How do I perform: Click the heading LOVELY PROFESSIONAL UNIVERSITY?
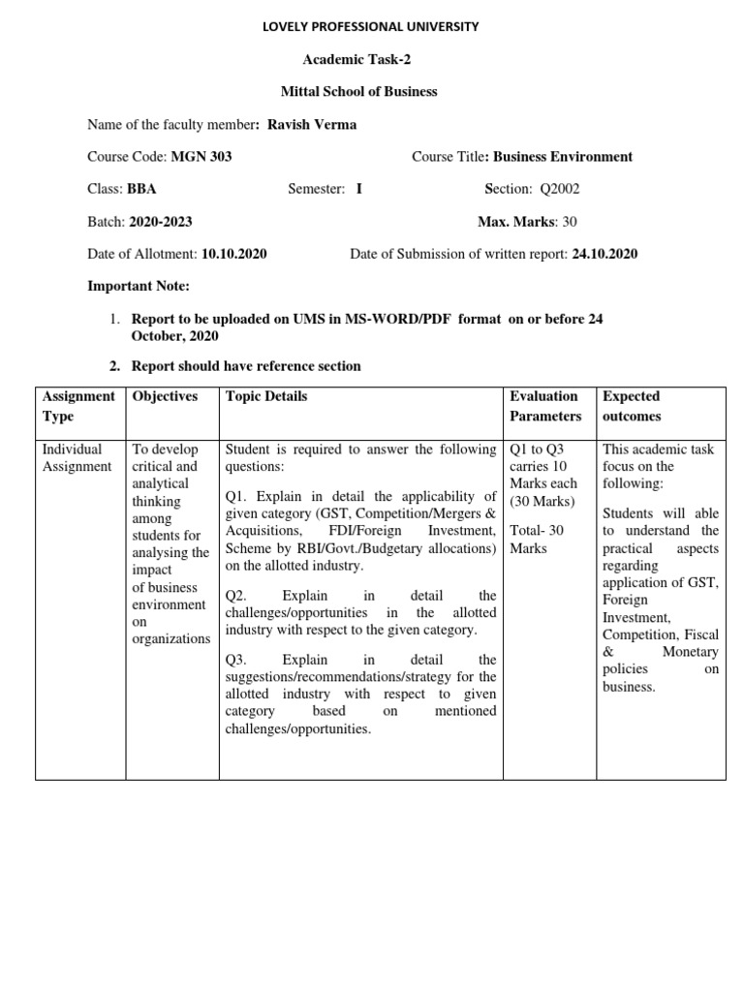(371, 27)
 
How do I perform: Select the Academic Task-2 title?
(357, 59)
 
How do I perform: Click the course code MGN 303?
(201, 156)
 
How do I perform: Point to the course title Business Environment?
(560, 156)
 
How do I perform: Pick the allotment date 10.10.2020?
(233, 254)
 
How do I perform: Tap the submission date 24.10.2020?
(604, 254)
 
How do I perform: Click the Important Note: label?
(139, 287)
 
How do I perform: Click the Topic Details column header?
(266, 396)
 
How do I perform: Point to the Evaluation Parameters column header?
(544, 406)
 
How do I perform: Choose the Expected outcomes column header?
(632, 406)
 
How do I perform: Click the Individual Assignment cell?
(77, 458)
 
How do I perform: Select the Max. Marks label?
(517, 221)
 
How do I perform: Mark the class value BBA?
(141, 189)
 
